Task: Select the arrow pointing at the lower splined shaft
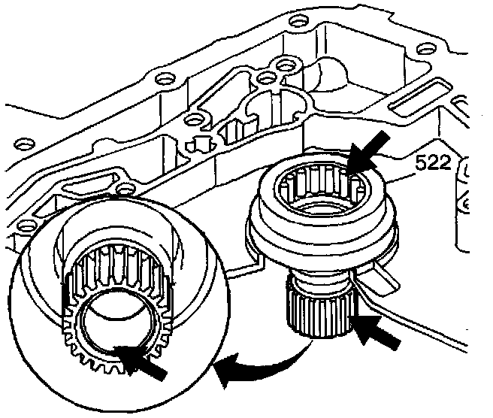pos(378,333)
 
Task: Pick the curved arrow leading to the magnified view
pos(256,367)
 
